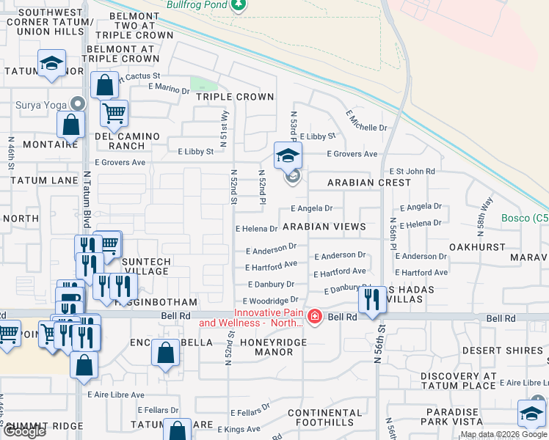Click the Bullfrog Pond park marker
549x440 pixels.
coord(238,5)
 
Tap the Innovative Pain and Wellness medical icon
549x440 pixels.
coord(314,317)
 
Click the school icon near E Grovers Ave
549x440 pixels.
coord(288,155)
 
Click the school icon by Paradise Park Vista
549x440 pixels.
coord(531,413)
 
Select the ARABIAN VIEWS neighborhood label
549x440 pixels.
coord(324,227)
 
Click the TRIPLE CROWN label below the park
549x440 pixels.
coord(235,97)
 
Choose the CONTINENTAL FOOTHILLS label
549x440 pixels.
coord(325,417)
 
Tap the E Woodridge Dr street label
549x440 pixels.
coord(271,300)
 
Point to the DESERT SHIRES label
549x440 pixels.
coord(512,351)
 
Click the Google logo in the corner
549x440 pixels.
coord(24,431)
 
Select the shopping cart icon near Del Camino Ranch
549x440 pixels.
coord(114,113)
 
